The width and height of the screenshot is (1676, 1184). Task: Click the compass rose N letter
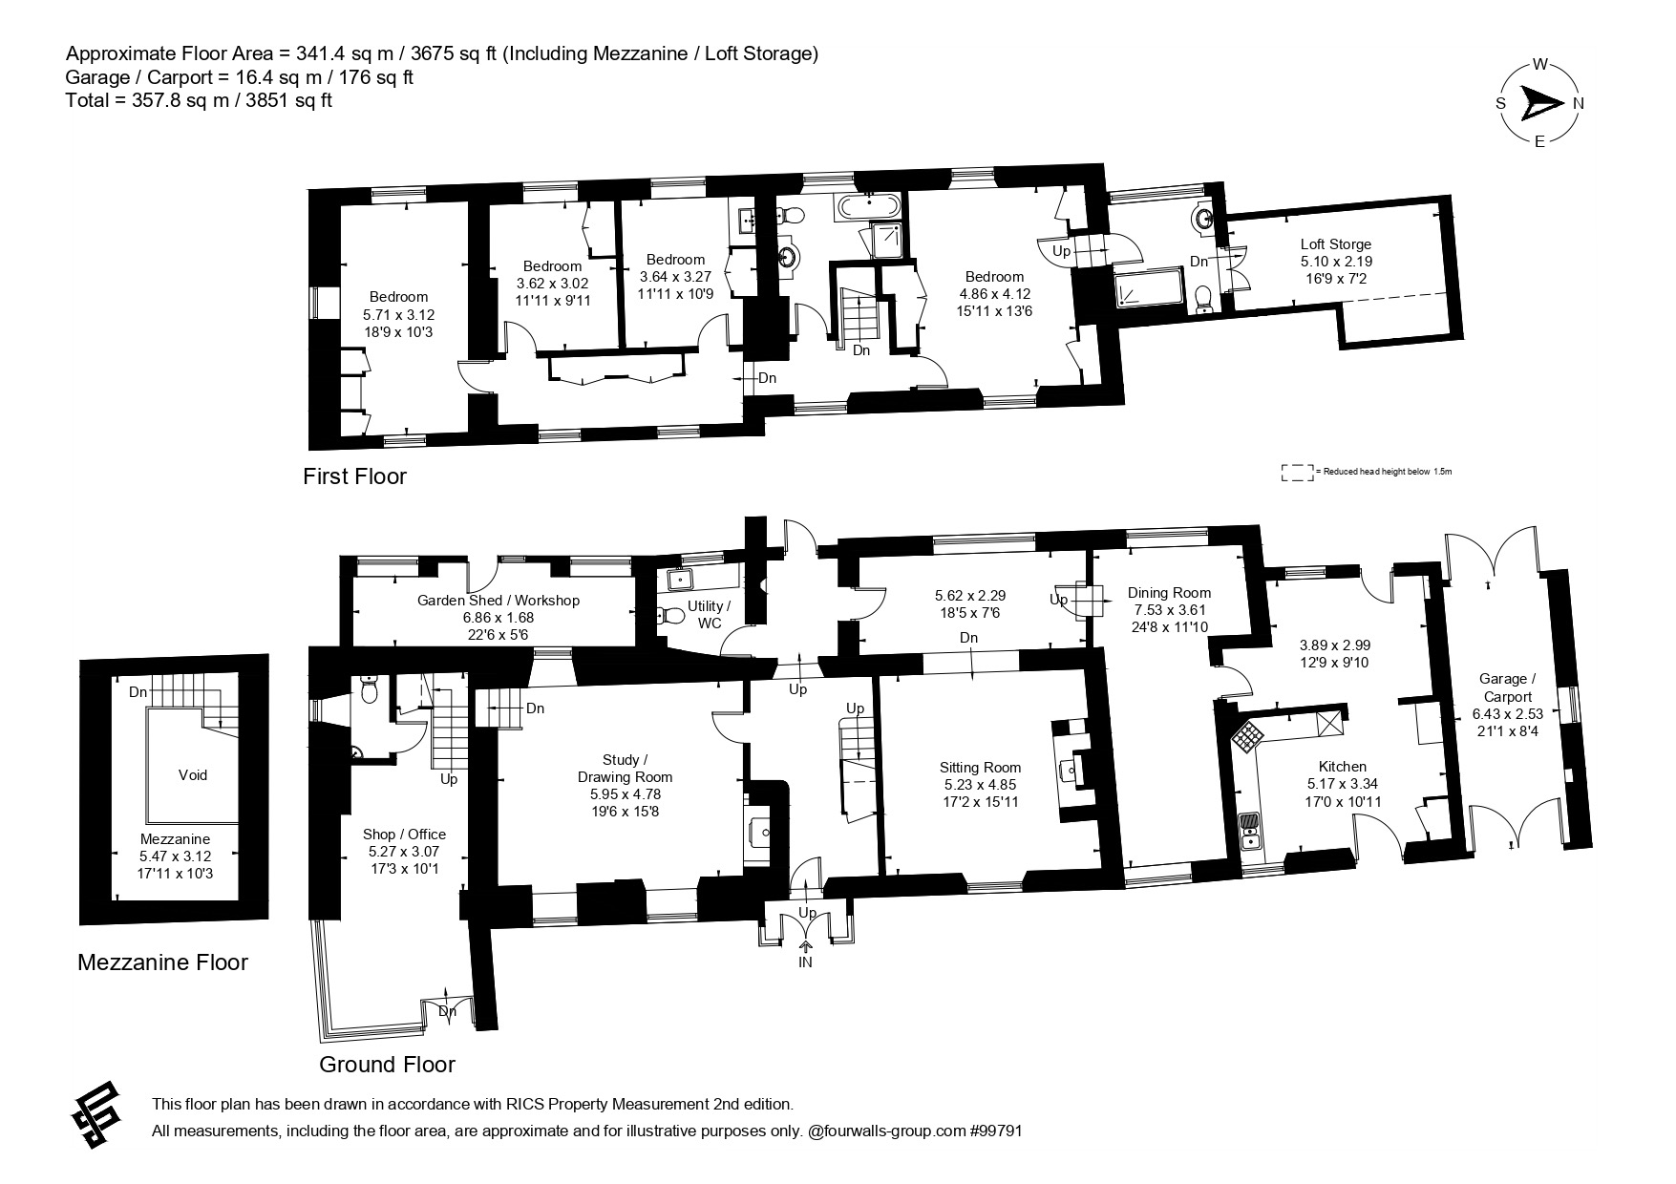1579,104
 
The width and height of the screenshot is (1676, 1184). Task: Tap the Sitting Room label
980,768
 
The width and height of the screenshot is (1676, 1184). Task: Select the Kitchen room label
1342,767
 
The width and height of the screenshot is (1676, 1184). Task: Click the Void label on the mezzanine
192,775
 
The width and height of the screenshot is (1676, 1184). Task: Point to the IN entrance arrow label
806,962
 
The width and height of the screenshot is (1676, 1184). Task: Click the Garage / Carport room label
1507,687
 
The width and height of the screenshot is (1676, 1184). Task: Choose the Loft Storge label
1335,244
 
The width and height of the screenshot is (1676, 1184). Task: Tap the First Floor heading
354,476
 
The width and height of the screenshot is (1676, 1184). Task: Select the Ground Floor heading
387,1065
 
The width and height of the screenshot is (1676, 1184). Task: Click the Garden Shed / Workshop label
498,601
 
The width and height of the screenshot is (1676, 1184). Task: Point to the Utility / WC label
709,615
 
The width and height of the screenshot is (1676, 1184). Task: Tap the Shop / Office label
404,835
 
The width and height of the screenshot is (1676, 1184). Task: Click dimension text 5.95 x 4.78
625,794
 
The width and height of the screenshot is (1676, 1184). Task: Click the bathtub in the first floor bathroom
868,204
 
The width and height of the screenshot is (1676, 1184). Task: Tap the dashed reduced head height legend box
1297,473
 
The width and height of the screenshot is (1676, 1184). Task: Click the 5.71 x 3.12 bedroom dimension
398,315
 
